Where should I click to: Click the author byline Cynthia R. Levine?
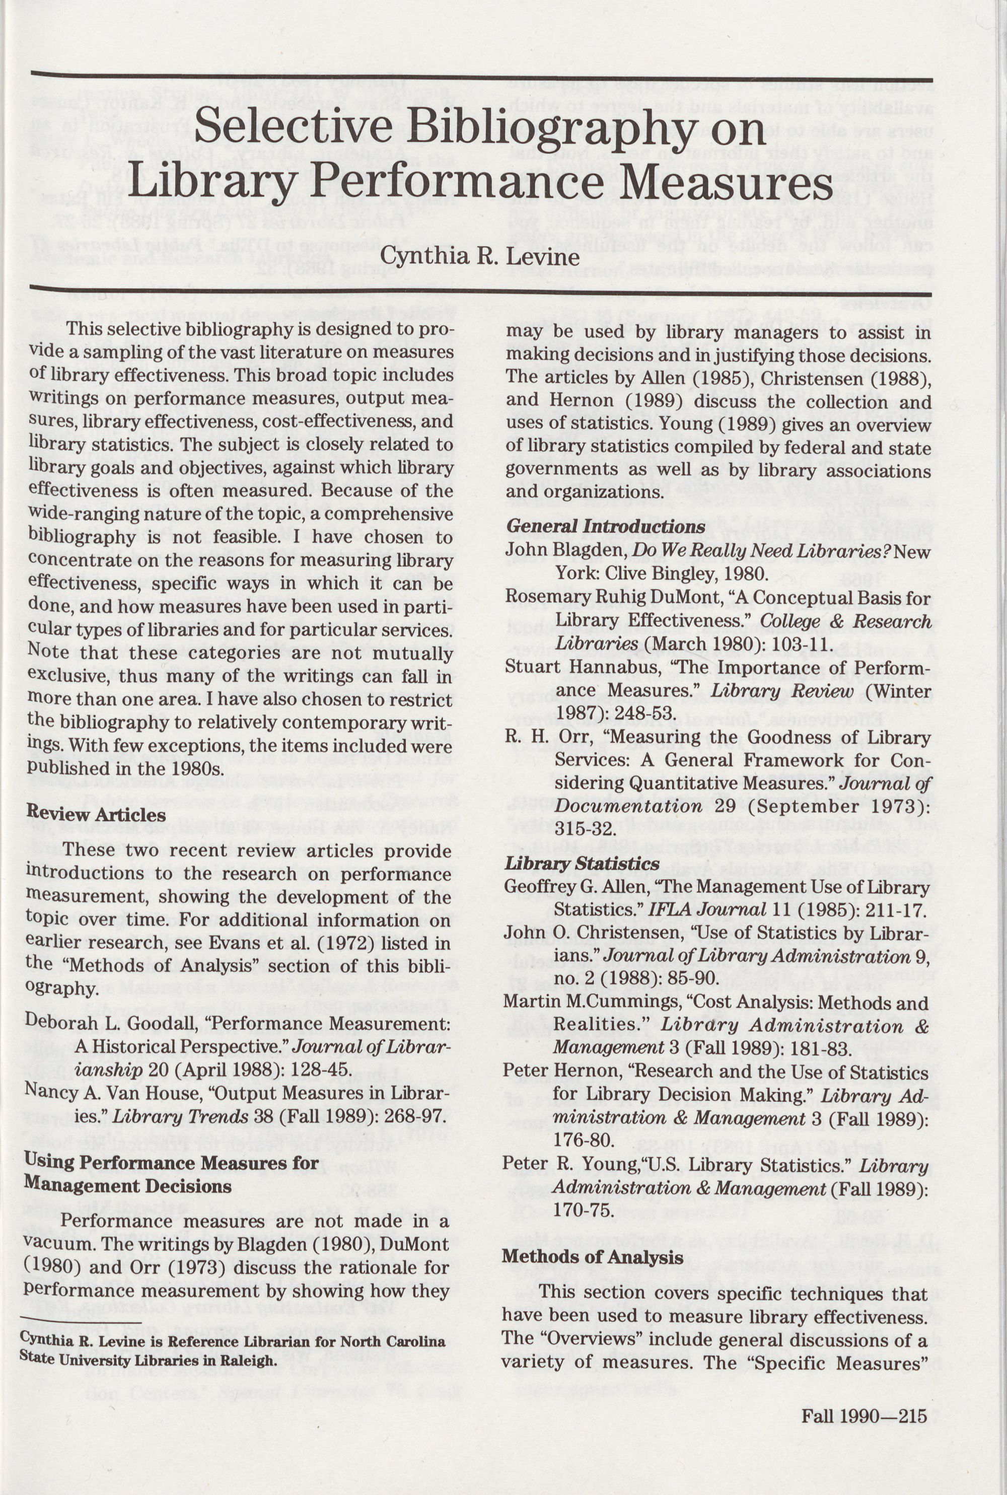click(480, 257)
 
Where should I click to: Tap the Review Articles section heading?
click(96, 814)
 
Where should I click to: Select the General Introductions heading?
click(606, 527)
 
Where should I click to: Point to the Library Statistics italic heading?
click(582, 864)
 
